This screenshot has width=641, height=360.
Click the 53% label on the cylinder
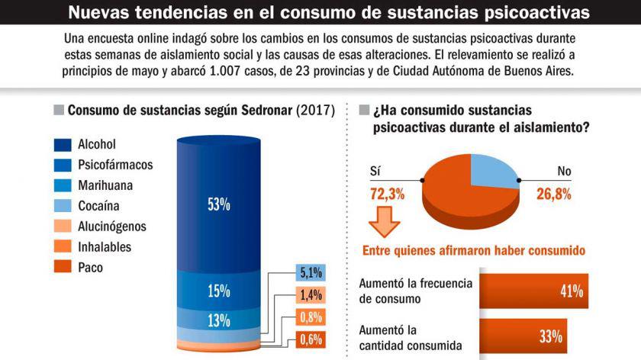[x=218, y=204]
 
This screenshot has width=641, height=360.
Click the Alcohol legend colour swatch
[x=63, y=144]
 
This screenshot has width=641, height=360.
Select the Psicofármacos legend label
[x=115, y=165]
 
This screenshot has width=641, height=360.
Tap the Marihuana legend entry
[x=108, y=185]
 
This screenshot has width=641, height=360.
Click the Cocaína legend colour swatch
[x=63, y=206]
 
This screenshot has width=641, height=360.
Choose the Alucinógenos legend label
[x=112, y=227]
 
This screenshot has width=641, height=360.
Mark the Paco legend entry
[x=90, y=268]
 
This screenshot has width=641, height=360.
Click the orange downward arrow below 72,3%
[x=385, y=224]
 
